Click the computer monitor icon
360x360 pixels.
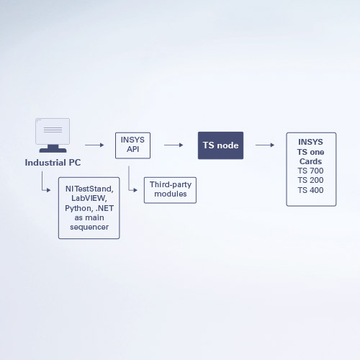[x=53, y=135]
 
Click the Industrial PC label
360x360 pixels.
[x=53, y=163]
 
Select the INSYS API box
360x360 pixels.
[x=132, y=145]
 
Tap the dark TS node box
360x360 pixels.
[x=220, y=145]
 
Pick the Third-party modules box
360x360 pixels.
[x=170, y=190]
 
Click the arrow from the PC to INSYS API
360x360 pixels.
[x=94, y=145]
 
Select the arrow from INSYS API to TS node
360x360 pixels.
[x=174, y=145]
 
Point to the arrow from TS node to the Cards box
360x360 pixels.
[x=265, y=145]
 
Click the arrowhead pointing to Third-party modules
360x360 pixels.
[x=135, y=190]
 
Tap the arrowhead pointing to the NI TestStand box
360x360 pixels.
[x=49, y=190]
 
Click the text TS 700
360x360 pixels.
[x=310, y=171]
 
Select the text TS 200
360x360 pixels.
[x=310, y=180]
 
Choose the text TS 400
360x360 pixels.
[x=310, y=190]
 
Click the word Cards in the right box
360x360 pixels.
[x=310, y=161]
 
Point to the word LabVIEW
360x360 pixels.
[x=89, y=198]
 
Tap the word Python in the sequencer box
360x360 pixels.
[x=79, y=208]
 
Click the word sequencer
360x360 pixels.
[x=89, y=227]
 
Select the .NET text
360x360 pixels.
[x=104, y=208]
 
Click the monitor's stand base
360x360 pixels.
[x=53, y=150]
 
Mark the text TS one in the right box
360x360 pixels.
[x=310, y=152]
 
